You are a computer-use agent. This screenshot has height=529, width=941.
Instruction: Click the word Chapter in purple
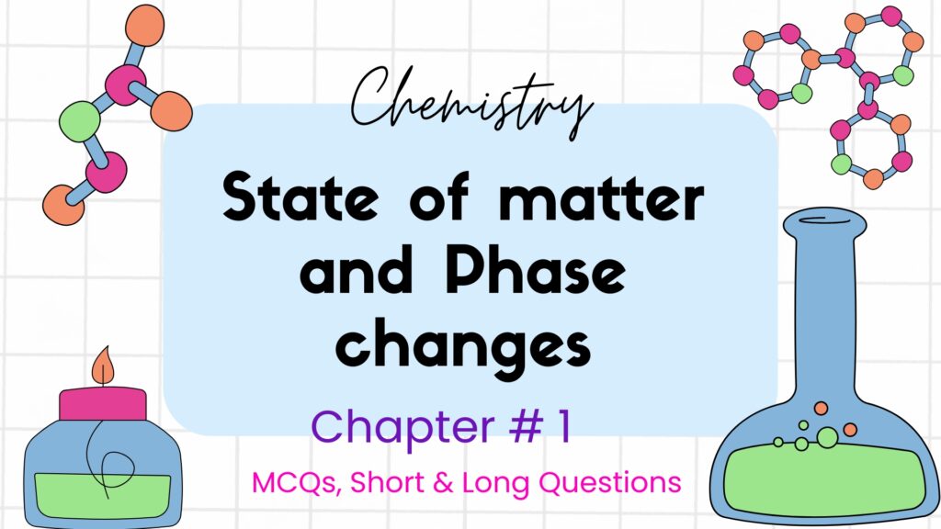[x=386, y=426]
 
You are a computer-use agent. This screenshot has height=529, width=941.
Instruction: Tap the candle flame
[x=103, y=368]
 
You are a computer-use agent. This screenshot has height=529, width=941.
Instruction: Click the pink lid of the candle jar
[x=103, y=404]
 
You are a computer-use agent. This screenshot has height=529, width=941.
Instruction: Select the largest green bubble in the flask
[x=827, y=438]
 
